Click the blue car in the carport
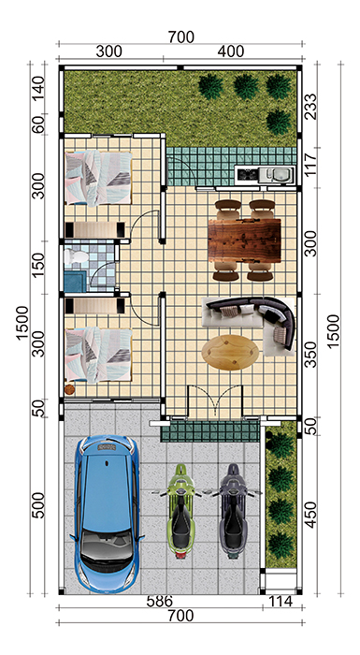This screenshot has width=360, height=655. pyautogui.click(x=108, y=514)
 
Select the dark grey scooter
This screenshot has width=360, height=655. pyautogui.click(x=232, y=511)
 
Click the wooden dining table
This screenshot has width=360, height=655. pyautogui.click(x=244, y=240)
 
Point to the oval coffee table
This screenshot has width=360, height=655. pyautogui.click(x=230, y=353)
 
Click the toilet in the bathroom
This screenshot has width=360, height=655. pyautogui.click(x=77, y=256)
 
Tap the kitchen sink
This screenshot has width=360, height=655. pyautogui.click(x=277, y=174)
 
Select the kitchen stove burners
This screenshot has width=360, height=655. pyautogui.click(x=247, y=174)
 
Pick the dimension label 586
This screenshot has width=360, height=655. pyautogui.click(x=160, y=602)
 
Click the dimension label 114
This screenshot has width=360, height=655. pyautogui.click(x=280, y=602)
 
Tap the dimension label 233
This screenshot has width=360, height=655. pyautogui.click(x=310, y=107)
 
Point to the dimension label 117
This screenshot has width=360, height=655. pyautogui.click(x=310, y=165)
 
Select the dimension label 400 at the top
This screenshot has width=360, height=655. pyautogui.click(x=231, y=51)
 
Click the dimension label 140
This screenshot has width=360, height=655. pyautogui.click(x=38, y=88)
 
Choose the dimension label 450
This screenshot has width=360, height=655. pyautogui.click(x=310, y=515)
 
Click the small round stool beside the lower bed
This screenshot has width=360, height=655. pyautogui.click(x=69, y=389)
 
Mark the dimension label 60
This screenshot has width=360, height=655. pyautogui.click(x=38, y=124)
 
